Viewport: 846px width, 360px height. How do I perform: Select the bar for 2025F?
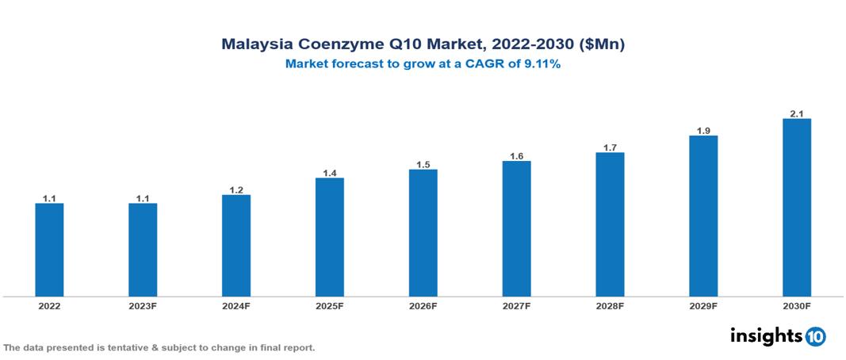coord(330,237)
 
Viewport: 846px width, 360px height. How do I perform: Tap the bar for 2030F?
coord(797,208)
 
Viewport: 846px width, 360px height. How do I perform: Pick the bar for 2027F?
coord(516,228)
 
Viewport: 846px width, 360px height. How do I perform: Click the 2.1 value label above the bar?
coord(797,114)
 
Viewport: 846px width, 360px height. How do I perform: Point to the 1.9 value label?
coord(703,131)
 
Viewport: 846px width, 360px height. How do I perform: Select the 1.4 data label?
coord(330,173)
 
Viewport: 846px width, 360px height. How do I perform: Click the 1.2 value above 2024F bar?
coord(236,190)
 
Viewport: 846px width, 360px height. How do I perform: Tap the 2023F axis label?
coord(143,305)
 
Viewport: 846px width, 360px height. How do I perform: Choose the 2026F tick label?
coord(423,305)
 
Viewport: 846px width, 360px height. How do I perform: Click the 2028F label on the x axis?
coord(610,305)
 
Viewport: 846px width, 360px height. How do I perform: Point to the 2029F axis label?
coord(703,305)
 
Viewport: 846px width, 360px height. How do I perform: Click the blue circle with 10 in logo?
coord(815,336)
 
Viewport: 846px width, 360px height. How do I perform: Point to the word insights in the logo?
coord(766,335)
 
